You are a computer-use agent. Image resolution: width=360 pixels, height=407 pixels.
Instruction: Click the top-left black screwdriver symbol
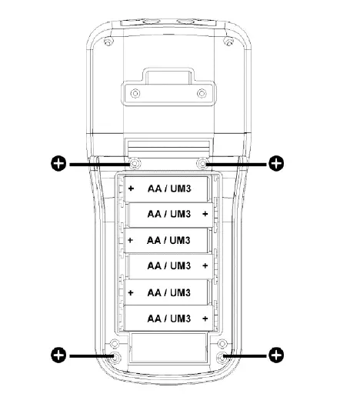click(x=58, y=164)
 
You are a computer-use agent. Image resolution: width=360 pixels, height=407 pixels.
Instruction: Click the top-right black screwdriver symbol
click(x=276, y=164)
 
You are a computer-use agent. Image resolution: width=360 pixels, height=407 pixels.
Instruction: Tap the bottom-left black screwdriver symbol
click(x=58, y=355)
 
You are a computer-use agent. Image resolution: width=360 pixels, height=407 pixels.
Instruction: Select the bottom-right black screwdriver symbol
click(x=276, y=355)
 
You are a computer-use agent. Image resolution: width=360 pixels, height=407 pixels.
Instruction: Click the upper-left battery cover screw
click(x=135, y=164)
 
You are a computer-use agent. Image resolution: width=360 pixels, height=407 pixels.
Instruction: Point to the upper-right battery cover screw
click(x=202, y=164)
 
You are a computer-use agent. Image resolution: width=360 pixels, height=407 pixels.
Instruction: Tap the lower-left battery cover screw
click(x=115, y=358)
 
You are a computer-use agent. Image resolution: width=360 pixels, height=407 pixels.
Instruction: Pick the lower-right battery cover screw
click(x=222, y=358)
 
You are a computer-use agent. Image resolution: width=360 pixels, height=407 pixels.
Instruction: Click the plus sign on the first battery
click(x=131, y=188)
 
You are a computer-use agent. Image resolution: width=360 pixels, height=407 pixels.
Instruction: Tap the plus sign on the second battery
click(x=205, y=214)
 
